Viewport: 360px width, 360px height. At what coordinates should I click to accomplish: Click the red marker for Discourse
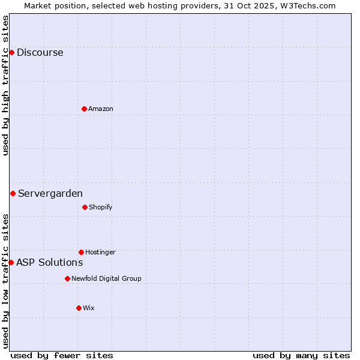11,52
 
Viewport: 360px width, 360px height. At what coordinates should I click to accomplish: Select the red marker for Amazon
84,109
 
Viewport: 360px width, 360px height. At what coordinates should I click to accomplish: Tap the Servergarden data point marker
13,193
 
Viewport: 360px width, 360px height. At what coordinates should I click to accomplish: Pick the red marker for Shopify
85,207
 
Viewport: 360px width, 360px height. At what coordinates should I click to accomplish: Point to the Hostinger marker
81,252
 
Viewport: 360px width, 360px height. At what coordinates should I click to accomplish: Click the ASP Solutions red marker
11,262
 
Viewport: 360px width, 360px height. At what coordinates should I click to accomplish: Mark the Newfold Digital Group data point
67,278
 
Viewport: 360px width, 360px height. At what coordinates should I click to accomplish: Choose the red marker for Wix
79,308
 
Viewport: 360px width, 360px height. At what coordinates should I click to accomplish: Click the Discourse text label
40,52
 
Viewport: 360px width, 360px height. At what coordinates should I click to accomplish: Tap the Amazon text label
100,109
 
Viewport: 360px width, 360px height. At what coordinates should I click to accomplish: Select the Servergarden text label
50,193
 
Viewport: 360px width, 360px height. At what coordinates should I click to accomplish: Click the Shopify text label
100,207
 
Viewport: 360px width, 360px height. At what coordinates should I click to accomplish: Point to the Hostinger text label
100,252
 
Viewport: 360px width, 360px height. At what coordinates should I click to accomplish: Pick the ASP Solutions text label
49,262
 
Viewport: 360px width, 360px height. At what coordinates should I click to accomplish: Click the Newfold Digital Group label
106,278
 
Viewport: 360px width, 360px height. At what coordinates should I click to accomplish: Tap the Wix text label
88,308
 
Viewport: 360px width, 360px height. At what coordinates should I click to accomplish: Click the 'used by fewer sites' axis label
61,355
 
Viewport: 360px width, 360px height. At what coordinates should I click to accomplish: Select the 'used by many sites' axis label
301,355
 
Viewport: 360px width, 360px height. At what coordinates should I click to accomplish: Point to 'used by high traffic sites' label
5,85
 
